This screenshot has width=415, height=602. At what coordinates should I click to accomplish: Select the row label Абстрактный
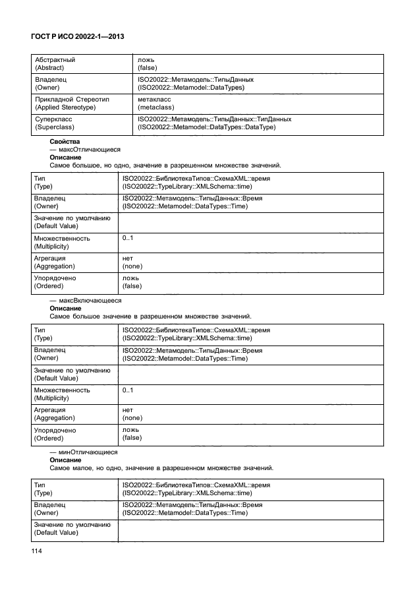tap(55, 59)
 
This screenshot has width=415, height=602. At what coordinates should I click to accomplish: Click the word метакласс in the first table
tap(153, 99)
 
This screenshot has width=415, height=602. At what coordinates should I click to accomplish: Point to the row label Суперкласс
tap(53, 119)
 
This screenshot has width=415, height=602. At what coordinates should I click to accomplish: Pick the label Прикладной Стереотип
tap(71, 99)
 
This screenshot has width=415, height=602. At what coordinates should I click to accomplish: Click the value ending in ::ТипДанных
tap(215, 119)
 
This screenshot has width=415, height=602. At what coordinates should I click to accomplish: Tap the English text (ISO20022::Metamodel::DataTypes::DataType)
tap(206, 127)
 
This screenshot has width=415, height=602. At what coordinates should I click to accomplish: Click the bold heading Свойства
tap(65, 142)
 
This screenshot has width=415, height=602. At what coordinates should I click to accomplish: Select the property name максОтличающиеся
tap(88, 150)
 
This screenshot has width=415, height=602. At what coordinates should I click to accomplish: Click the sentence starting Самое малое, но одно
tap(161, 468)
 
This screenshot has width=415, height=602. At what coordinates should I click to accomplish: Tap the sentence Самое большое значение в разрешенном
tap(150, 316)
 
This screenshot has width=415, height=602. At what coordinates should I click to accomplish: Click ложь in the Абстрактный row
tap(146, 59)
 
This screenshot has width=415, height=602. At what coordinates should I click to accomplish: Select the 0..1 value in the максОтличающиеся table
tap(128, 238)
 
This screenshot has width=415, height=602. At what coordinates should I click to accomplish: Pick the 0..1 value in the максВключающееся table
tap(128, 390)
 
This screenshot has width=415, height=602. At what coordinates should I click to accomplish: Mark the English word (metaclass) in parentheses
tap(155, 107)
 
